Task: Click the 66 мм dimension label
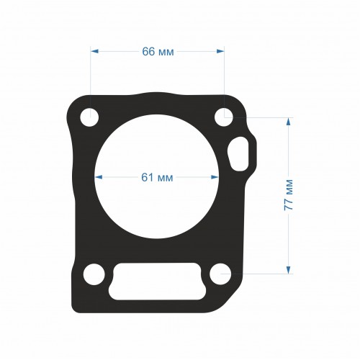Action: coord(158,51)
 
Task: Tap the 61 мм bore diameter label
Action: coord(157,177)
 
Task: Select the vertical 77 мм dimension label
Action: coord(288,195)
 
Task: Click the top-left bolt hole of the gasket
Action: coord(89,117)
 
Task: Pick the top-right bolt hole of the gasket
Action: coord(224,117)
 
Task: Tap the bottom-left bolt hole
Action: coord(94,274)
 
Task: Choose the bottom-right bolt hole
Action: coord(220,274)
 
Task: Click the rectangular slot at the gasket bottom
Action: coord(157,282)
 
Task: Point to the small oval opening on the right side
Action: coord(238,154)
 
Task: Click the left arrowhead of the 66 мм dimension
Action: coord(94,51)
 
